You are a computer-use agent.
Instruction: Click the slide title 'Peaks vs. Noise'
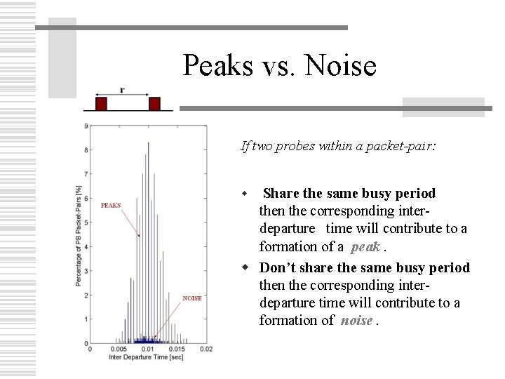pyautogui.click(x=279, y=66)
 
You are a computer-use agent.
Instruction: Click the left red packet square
pyautogui.click(x=101, y=104)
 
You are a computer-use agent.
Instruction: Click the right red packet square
pyautogui.click(x=154, y=104)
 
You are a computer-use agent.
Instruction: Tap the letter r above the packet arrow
pyautogui.click(x=122, y=89)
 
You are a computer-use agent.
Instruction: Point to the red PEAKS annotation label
pyautogui.click(x=111, y=206)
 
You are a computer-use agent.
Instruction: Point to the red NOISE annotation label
pyautogui.click(x=192, y=298)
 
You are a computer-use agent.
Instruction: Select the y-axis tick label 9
pyautogui.click(x=86, y=126)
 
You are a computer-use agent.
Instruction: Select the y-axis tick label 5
pyautogui.click(x=86, y=222)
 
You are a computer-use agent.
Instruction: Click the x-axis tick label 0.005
pyautogui.click(x=119, y=349)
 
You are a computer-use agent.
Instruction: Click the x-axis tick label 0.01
pyautogui.click(x=148, y=349)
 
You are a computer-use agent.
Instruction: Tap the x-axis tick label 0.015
pyautogui.click(x=177, y=349)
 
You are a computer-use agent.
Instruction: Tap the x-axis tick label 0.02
pyautogui.click(x=206, y=349)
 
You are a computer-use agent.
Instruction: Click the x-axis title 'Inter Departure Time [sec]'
pyautogui.click(x=146, y=357)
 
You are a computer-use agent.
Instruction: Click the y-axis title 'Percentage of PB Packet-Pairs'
pyautogui.click(x=78, y=235)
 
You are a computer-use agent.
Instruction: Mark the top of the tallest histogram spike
pyautogui.click(x=148, y=142)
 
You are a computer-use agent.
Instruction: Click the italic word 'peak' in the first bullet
pyautogui.click(x=365, y=246)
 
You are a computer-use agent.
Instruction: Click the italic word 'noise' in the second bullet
pyautogui.click(x=357, y=320)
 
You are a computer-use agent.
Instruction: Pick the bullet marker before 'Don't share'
pyautogui.click(x=246, y=267)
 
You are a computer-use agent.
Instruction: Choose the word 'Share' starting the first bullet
pyautogui.click(x=283, y=193)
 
